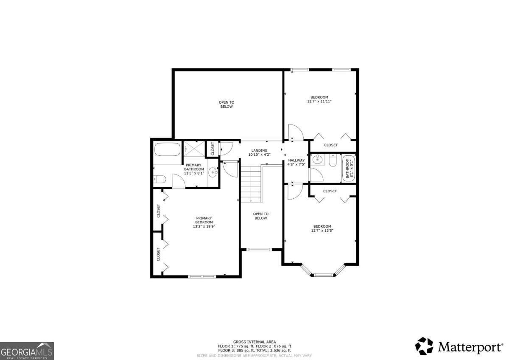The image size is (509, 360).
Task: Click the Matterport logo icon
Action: pos(424,346)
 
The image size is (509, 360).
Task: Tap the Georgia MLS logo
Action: pos(27,351)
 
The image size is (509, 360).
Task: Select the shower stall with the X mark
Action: pos(194,149)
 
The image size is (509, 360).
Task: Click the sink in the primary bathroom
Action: pos(213,172)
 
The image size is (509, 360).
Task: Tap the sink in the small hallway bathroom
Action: pos(316,160)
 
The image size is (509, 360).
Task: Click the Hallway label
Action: pos(296,160)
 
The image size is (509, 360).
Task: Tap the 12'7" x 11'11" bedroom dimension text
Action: pos(319,101)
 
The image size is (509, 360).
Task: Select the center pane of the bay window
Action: pos(325,275)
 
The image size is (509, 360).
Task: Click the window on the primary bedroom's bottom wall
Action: pos(202,276)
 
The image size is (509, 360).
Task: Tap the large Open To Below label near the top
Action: pos(227,104)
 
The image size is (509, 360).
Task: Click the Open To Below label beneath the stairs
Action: pos(260,216)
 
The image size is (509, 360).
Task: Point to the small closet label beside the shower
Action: pos(213,149)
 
